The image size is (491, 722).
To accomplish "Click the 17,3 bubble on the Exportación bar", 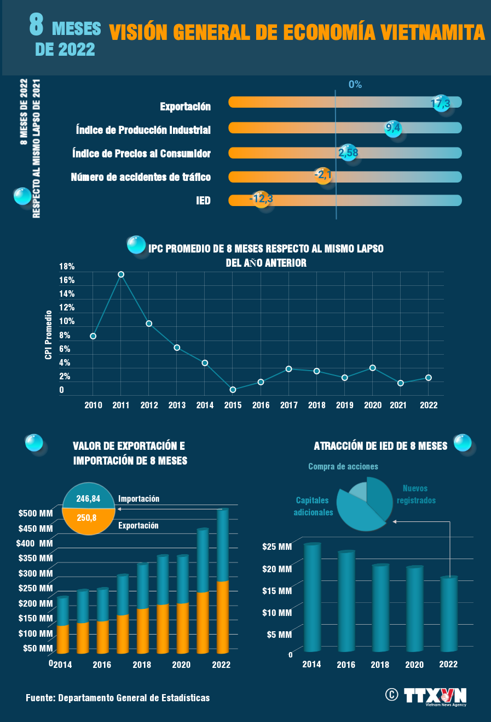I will click(441, 103).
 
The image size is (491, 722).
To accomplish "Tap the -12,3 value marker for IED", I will click(261, 199).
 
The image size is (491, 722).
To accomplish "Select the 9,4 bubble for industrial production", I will click(393, 128).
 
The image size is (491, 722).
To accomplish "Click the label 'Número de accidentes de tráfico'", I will click(141, 177).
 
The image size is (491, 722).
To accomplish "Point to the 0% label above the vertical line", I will click(355, 85).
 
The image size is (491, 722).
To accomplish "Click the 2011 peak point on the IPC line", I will click(121, 274).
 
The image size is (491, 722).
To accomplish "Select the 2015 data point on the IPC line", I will click(233, 390).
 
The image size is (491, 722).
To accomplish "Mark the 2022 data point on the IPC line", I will click(429, 378).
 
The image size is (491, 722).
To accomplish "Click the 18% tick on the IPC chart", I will click(67, 267).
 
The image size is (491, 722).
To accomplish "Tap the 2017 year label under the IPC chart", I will click(288, 405).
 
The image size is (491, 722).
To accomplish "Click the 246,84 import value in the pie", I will click(88, 498).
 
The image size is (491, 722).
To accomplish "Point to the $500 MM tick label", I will click(36, 513).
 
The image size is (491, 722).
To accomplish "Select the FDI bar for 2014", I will click(312, 597).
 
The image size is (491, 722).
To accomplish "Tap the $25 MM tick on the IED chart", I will click(277, 547).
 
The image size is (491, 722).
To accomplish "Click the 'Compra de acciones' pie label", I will click(343, 467).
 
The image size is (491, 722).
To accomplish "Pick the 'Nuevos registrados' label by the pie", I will click(416, 494).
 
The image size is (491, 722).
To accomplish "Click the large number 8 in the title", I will click(37, 26).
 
